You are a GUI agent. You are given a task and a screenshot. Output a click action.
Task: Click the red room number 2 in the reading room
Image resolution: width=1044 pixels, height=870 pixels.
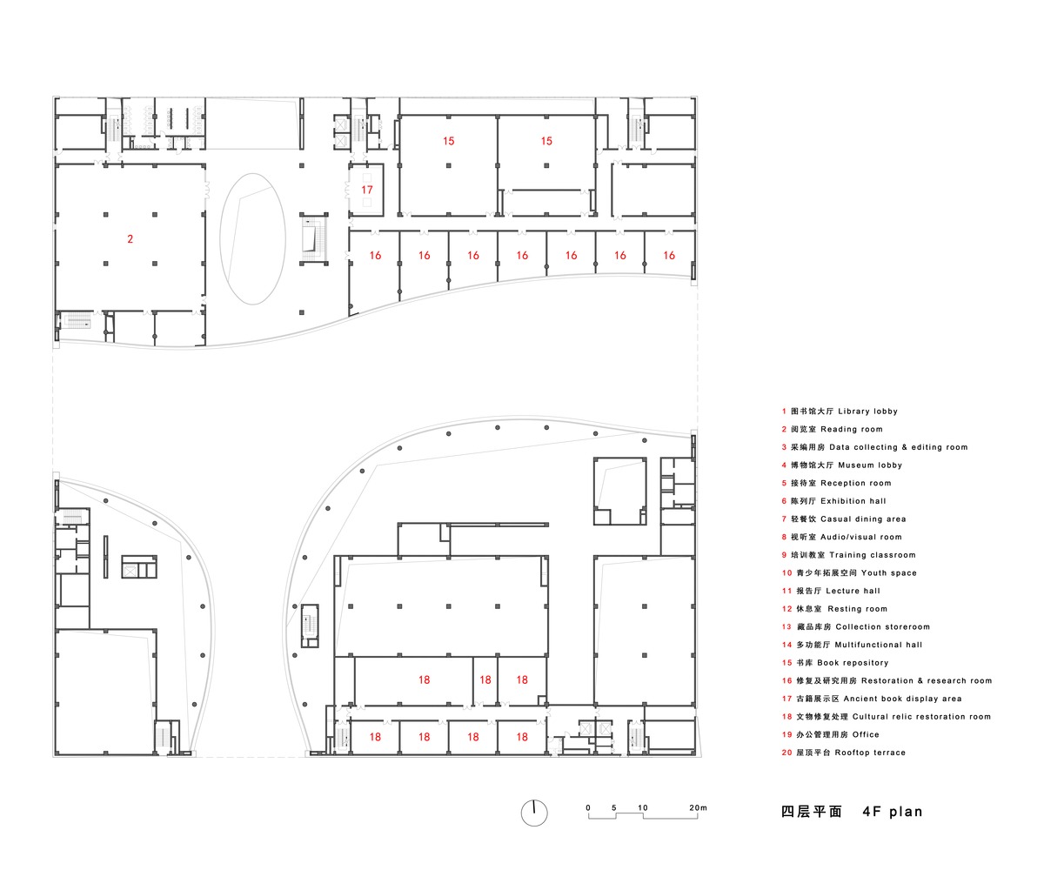pos(130,239)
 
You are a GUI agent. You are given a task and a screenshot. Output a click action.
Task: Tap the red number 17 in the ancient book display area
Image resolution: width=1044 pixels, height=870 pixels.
pos(367,190)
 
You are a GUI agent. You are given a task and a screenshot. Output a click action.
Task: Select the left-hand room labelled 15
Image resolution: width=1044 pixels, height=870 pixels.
pos(448,141)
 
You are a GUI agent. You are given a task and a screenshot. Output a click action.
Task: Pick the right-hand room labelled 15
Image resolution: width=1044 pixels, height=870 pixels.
pos(546,141)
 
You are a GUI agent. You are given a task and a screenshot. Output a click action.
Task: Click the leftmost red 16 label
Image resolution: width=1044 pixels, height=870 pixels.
pos(375,256)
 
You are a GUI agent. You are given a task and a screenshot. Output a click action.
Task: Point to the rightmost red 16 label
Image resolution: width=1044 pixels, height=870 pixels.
pos(669,256)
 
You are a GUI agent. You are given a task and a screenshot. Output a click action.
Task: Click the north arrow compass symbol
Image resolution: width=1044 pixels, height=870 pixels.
pos(534,813)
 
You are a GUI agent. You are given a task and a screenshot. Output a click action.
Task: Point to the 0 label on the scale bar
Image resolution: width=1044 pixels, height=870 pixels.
pos(588,808)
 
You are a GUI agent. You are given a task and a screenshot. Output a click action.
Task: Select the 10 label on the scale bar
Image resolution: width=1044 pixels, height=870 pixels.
pos(642,808)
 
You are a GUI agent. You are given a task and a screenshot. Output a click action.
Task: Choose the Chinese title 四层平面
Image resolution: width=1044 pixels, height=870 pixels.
pos(812,812)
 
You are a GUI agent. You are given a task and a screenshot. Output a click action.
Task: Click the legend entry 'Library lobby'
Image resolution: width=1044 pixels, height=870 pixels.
pos(867,412)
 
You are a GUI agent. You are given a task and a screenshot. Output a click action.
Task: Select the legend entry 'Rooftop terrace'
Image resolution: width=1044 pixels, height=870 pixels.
pos(870,753)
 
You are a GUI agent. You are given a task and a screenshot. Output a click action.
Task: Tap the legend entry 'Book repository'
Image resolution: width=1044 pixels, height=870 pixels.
pos(853,663)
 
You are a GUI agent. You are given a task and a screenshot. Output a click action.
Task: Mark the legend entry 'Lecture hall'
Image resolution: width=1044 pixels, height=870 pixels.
pos(853,591)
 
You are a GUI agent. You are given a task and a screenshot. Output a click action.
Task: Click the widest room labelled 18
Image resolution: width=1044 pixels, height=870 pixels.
pos(424,680)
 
